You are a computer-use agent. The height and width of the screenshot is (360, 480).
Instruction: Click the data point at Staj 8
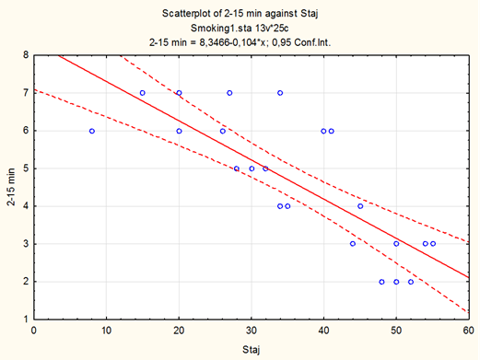92,131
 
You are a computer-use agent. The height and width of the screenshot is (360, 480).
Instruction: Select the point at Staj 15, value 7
143,93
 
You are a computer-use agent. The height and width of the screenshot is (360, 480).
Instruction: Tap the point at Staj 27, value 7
229,93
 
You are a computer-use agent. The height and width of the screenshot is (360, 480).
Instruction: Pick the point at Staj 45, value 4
360,206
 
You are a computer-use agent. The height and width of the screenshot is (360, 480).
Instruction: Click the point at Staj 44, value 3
353,244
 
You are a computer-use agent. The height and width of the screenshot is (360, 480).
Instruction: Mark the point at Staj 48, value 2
381,282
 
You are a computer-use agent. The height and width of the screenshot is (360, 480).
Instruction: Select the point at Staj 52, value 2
411,282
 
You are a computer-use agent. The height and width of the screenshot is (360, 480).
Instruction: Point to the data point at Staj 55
433,244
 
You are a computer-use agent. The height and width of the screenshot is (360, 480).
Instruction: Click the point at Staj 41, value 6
332,131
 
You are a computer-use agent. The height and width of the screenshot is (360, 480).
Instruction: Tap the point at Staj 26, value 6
223,131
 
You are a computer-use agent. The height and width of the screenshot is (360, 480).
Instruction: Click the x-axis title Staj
252,349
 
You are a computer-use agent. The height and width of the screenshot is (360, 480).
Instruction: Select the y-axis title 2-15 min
11,187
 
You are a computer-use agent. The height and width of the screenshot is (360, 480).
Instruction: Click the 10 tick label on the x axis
106,331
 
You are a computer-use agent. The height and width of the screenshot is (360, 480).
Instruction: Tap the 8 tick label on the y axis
26,55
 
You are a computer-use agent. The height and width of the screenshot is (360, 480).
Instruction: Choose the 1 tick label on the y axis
26,319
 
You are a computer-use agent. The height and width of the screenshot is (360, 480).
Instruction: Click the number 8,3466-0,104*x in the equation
233,42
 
